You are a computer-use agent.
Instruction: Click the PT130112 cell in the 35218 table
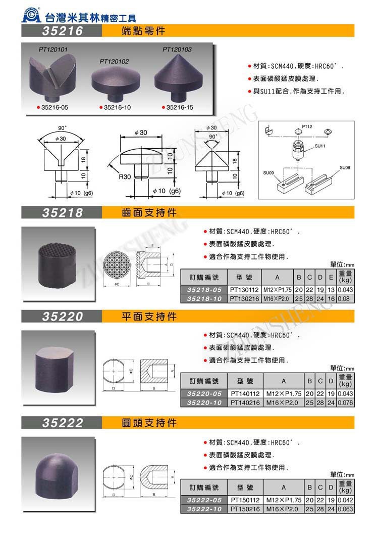tap(244, 290)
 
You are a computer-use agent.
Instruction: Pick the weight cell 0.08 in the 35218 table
tap(345, 299)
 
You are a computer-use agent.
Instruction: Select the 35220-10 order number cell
tap(204, 403)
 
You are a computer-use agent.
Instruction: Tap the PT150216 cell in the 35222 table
tap(244, 509)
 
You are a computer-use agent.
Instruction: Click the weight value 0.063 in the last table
tap(345, 509)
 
